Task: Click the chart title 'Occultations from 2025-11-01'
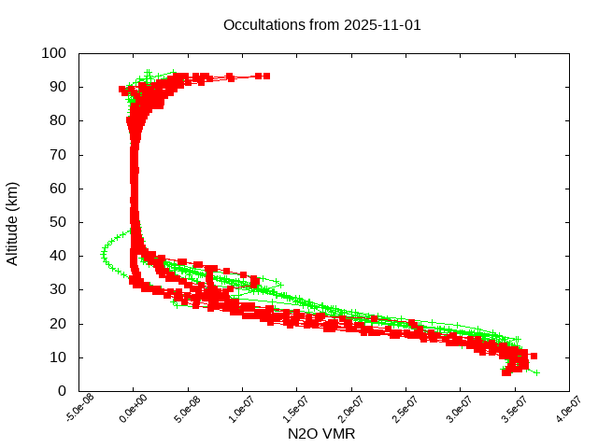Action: click(x=322, y=25)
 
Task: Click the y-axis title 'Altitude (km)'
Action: click(x=13, y=222)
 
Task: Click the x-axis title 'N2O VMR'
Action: click(x=321, y=434)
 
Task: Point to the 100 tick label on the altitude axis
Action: click(x=53, y=53)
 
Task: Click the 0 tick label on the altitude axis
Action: click(x=61, y=391)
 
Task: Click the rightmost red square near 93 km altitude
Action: click(x=266, y=76)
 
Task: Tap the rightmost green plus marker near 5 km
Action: click(x=535, y=372)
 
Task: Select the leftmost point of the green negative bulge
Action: click(x=103, y=253)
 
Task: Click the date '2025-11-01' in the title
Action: click(x=382, y=25)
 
